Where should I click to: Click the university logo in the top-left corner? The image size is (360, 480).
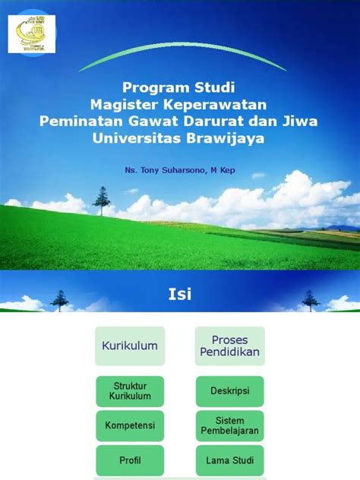coord(27,34)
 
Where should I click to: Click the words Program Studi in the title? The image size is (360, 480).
coord(180,87)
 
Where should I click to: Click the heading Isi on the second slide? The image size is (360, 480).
coord(180,294)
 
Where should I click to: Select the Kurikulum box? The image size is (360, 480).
coord(130,346)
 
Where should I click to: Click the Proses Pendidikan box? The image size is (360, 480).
coord(229,346)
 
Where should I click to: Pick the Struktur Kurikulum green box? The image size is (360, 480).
coord(130,391)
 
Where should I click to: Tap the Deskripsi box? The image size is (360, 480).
coord(229,391)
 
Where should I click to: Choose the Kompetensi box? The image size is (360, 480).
coord(130,426)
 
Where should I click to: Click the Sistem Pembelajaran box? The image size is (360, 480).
coord(229,426)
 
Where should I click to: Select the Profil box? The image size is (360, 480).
coord(130,460)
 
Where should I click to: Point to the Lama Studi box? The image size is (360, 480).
coord(229,460)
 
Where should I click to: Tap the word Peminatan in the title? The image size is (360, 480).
coord(77,121)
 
